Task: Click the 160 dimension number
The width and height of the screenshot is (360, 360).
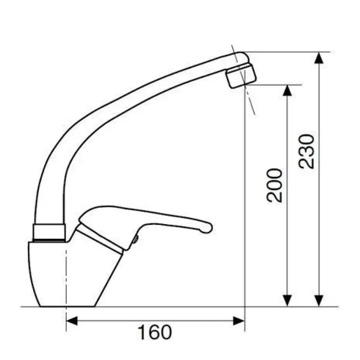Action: coord(154,332)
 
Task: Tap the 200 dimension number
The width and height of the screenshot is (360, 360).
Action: coord(274,185)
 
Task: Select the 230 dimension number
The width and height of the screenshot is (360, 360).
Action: coord(306,152)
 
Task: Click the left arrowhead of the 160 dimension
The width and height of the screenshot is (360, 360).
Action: coord(72,321)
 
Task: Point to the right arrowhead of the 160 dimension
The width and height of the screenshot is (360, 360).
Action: coord(239,321)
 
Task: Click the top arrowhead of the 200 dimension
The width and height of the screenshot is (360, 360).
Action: coord(287,90)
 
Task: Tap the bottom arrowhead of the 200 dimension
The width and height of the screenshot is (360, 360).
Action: coord(287,301)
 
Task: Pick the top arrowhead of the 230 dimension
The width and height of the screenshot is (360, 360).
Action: coord(319,58)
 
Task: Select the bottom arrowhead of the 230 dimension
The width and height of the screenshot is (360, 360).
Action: coord(319,301)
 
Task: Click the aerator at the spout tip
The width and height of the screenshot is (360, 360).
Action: coord(241,76)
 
